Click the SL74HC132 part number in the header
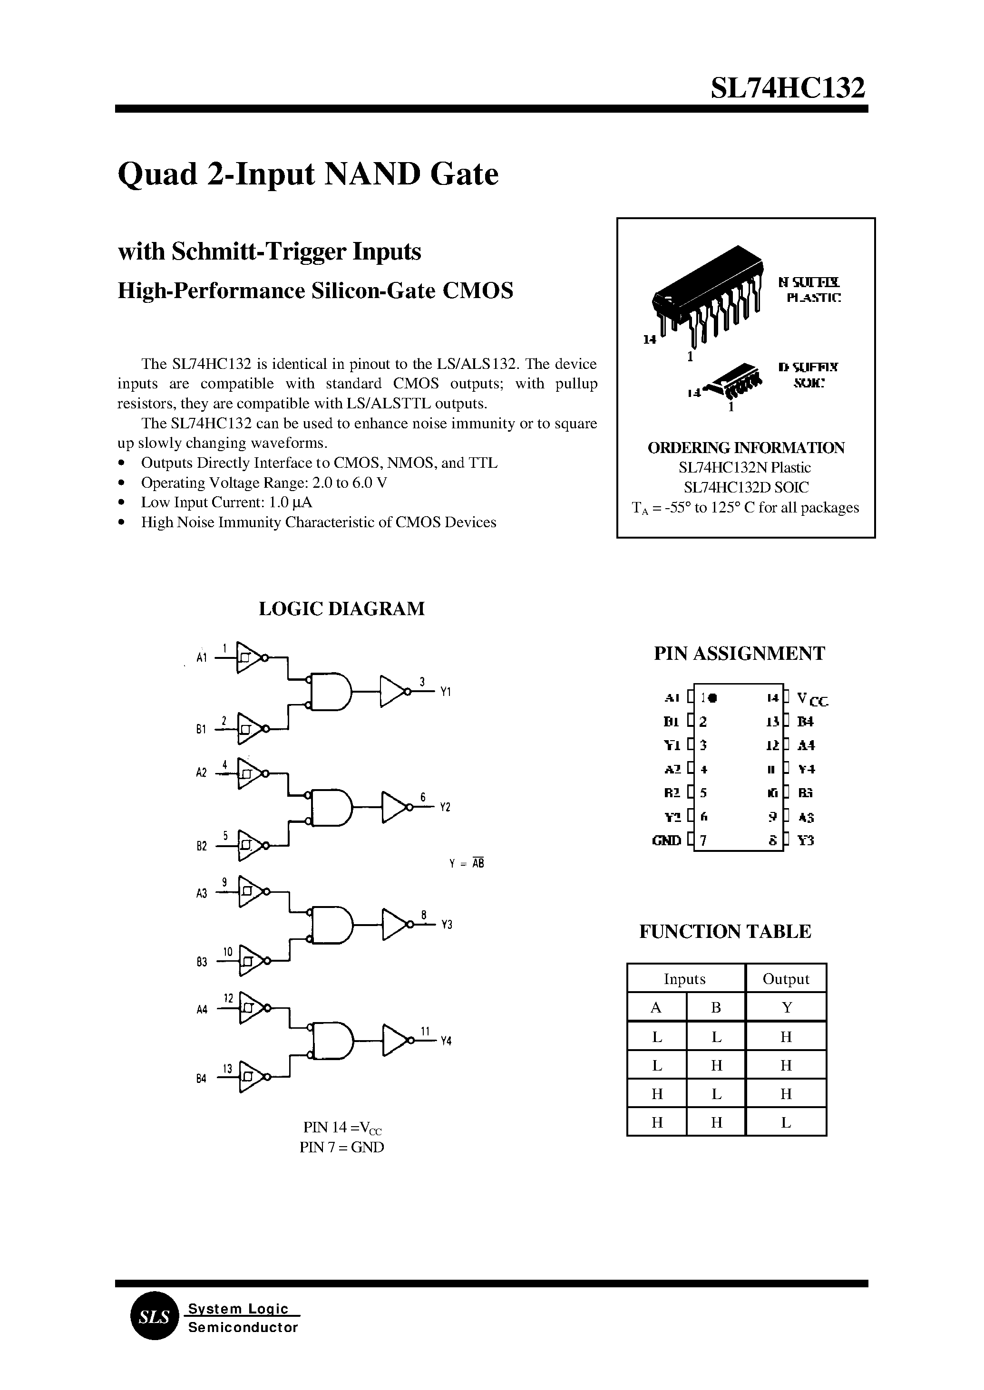pos(788,88)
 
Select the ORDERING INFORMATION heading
pos(746,448)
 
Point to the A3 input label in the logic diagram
pos(202,893)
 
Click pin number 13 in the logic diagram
pos(227,1069)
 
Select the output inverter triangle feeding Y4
pos(396,1041)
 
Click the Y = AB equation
pos(467,864)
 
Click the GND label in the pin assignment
pos(666,840)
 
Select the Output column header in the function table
pos(785,979)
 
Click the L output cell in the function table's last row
pos(785,1122)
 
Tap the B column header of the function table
pos(716,1007)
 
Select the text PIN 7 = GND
pos(342,1147)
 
